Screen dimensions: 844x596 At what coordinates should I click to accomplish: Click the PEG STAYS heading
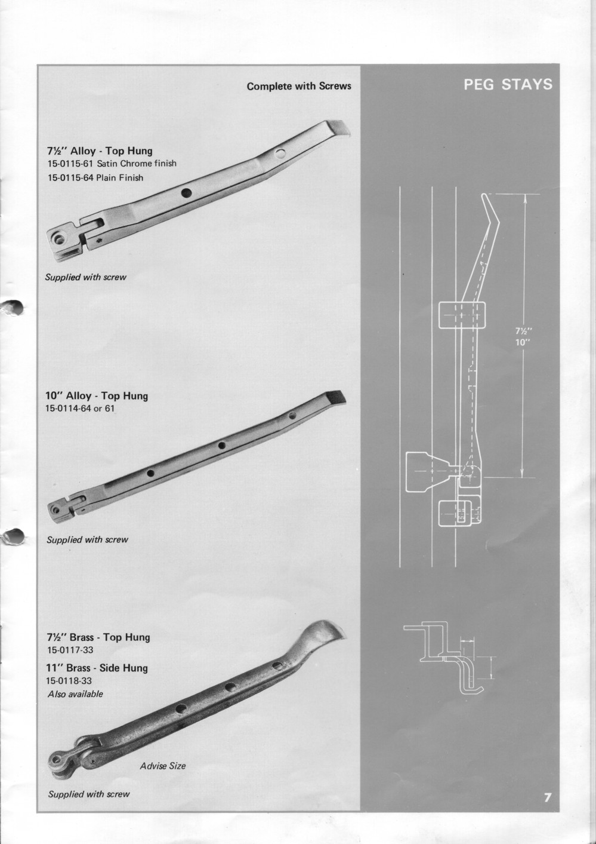[x=508, y=84]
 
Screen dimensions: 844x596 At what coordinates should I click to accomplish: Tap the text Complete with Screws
[x=299, y=86]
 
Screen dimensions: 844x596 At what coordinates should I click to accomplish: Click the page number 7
[x=547, y=797]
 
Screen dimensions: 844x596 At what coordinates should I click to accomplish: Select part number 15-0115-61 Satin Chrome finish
[x=112, y=163]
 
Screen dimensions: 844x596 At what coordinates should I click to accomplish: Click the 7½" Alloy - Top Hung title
[x=99, y=151]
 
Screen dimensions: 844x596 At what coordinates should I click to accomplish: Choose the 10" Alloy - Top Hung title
[x=97, y=395]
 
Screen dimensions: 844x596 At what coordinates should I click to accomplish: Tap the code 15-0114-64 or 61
[x=79, y=409]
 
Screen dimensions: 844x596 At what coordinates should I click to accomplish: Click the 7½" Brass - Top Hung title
[x=98, y=637]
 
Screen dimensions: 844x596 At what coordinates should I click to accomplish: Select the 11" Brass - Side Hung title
[x=97, y=667]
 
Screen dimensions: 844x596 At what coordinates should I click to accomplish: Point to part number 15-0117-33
[x=70, y=650]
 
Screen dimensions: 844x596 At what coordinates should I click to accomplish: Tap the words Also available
[x=75, y=694]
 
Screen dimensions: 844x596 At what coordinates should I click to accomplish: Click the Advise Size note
[x=162, y=766]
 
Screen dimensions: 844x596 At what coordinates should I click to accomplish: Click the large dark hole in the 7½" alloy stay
[x=186, y=192]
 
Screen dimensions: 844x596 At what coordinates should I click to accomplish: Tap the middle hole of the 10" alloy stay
[x=221, y=445]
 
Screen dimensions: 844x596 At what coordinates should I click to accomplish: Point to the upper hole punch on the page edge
[x=13, y=307]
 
